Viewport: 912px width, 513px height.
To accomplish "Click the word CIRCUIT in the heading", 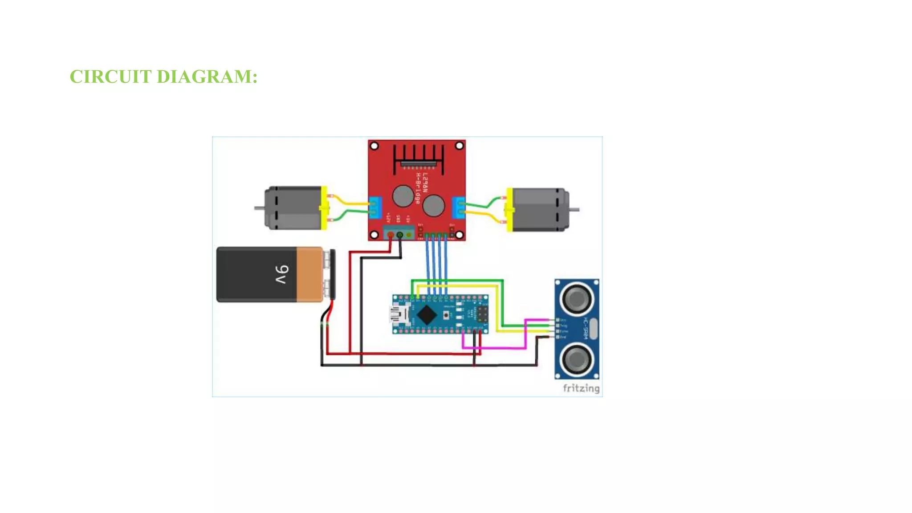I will pos(110,77).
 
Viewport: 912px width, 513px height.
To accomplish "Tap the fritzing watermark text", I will pos(581,388).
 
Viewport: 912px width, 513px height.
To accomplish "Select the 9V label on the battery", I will pos(281,274).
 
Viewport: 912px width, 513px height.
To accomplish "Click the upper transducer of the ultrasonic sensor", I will pos(577,299).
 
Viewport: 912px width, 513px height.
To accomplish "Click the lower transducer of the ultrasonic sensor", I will pos(577,359).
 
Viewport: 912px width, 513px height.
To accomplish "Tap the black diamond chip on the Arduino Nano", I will pos(427,314).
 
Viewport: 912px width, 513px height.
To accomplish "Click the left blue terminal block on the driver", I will pos(375,208).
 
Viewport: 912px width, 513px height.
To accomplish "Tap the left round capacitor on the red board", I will pos(403,196).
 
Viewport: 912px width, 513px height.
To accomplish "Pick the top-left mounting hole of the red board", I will pos(375,146).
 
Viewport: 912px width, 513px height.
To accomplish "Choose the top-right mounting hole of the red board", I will pos(459,146).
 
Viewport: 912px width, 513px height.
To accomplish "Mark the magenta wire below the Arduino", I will pos(494,348).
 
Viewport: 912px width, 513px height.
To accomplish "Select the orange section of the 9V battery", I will pos(309,274).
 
